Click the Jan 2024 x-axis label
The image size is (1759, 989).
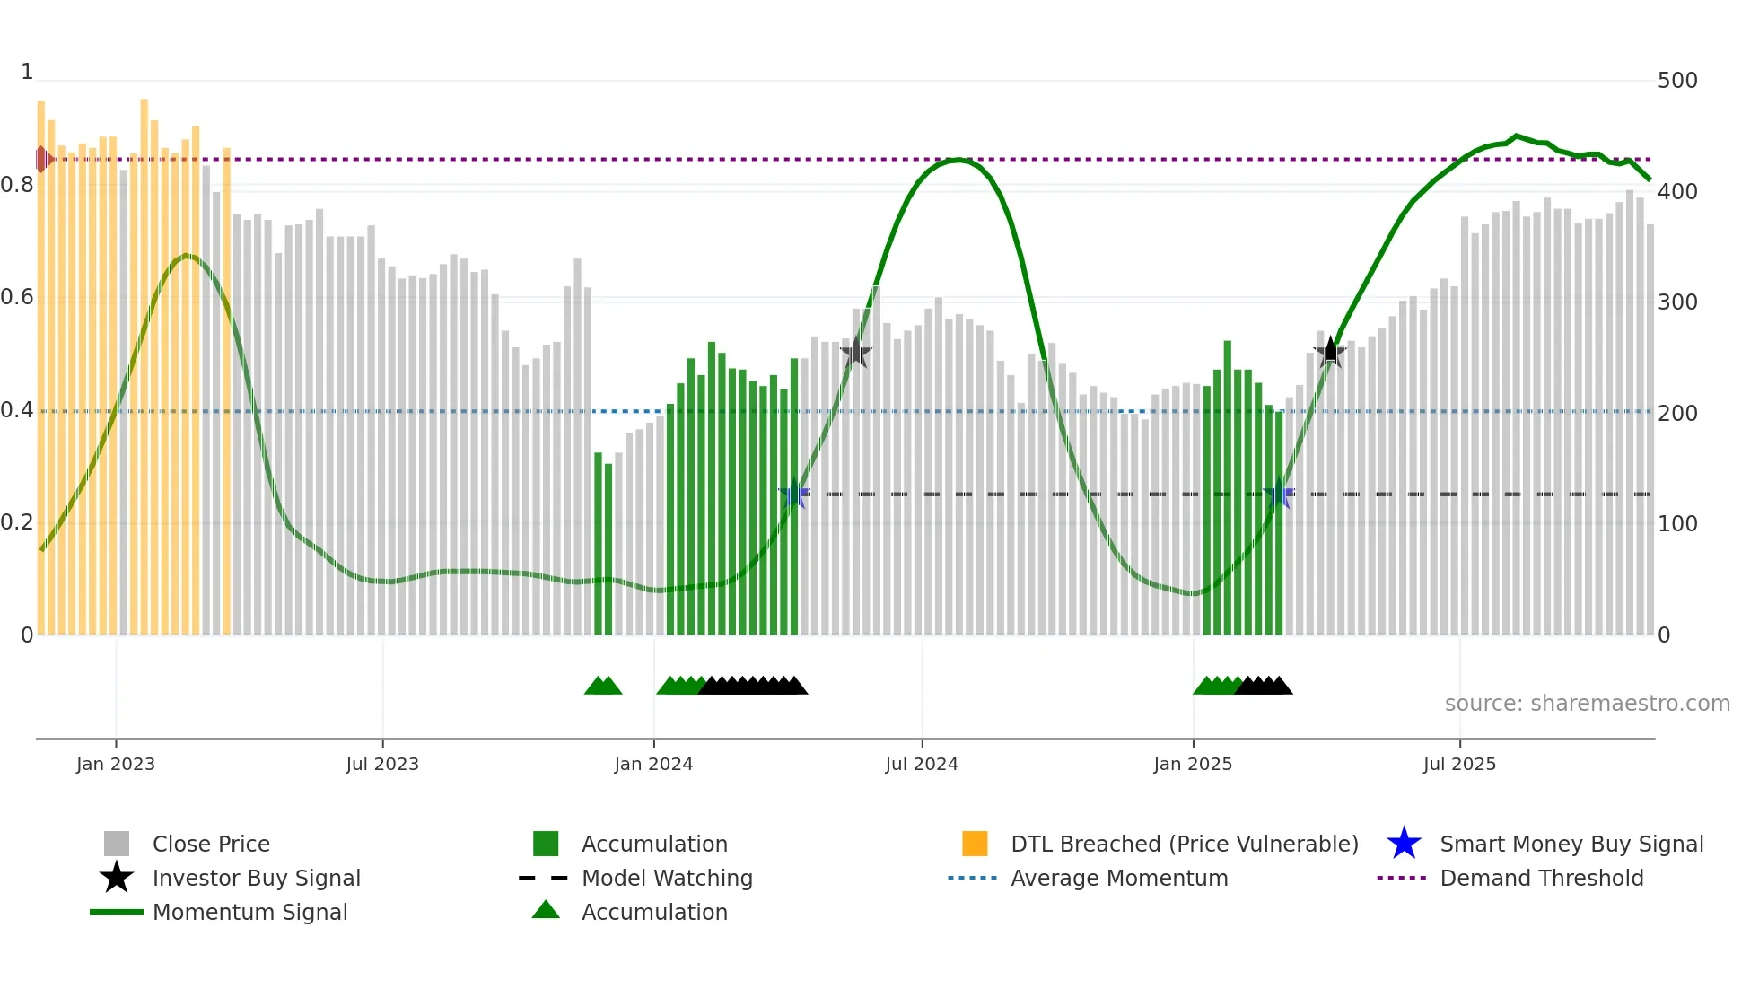pyautogui.click(x=653, y=764)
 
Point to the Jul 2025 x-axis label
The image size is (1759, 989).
pyautogui.click(x=1459, y=764)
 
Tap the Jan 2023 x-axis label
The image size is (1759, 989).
pyautogui.click(x=116, y=764)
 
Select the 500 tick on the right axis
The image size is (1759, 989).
pyautogui.click(x=1677, y=81)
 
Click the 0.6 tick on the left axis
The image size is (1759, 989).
pyautogui.click(x=17, y=297)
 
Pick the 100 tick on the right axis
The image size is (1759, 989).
pyautogui.click(x=1677, y=524)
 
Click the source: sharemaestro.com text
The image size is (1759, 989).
pyautogui.click(x=1587, y=704)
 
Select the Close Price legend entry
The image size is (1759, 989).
pyautogui.click(x=211, y=844)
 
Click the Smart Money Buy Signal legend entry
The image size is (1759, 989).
pyautogui.click(x=1571, y=844)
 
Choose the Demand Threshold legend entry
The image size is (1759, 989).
pyautogui.click(x=1541, y=878)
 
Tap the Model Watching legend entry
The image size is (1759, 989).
pyautogui.click(x=667, y=878)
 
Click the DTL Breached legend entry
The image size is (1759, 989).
pyautogui.click(x=1184, y=844)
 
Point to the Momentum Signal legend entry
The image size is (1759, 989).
pyautogui.click(x=249, y=912)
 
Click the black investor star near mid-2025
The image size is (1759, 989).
pyautogui.click(x=1330, y=352)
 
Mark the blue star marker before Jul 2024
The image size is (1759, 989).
pyautogui.click(x=793, y=494)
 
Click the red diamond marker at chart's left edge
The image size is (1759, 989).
pyautogui.click(x=42, y=159)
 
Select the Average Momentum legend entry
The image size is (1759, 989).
pyautogui.click(x=1119, y=878)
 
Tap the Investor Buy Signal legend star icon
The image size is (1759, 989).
pyautogui.click(x=117, y=878)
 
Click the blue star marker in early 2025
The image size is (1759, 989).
pyautogui.click(x=1279, y=494)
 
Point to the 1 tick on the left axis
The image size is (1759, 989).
pyautogui.click(x=27, y=72)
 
